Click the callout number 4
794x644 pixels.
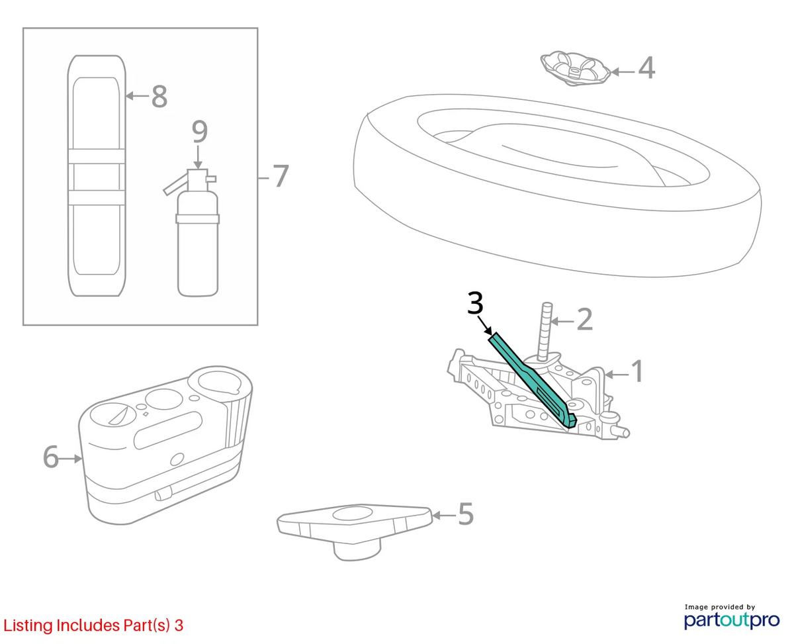tap(646, 68)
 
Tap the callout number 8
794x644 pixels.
tap(159, 96)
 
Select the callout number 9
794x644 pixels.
tap(199, 131)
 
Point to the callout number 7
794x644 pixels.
tap(281, 176)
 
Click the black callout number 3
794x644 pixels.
tap(475, 302)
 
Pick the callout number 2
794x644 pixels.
tap(584, 319)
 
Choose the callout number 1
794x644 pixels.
tap(637, 371)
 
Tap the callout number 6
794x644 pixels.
tap(51, 457)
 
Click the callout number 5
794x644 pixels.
tap(466, 514)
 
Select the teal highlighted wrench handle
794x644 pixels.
tap(532, 378)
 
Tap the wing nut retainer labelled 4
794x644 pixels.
tap(576, 69)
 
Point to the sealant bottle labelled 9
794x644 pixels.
tap(195, 233)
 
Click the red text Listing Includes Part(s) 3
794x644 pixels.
tap(93, 625)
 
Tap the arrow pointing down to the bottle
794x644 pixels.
tap(198, 158)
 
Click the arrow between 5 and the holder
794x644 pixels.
tap(444, 516)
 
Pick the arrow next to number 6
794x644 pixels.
tap(71, 458)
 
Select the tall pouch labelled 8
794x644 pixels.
tap(97, 175)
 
